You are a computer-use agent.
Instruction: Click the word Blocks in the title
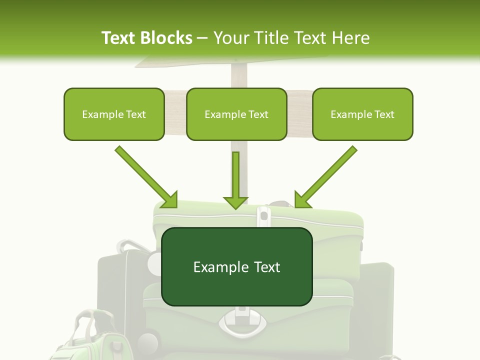167,38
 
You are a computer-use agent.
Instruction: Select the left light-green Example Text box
114,114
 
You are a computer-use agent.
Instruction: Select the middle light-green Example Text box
236,114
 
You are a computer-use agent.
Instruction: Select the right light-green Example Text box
362,114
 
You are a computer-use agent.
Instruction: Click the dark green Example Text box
237,266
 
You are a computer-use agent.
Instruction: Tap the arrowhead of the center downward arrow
235,202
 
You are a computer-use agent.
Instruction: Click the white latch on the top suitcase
263,216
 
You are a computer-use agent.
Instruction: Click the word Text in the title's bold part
119,38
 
